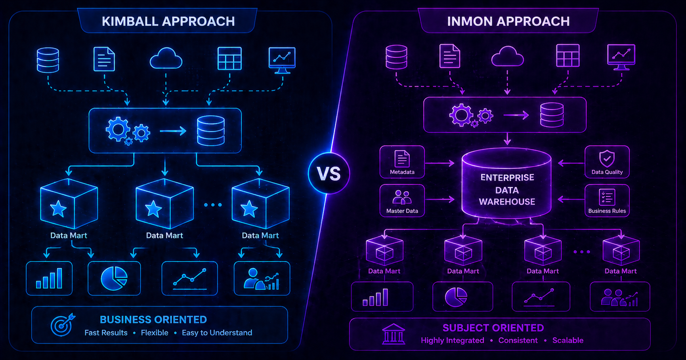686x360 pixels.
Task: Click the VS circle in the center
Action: (x=329, y=173)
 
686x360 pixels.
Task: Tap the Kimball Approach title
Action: (x=168, y=21)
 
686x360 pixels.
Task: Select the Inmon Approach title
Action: (x=508, y=21)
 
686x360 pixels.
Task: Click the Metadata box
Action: (x=402, y=162)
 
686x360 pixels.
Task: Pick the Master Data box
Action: (x=402, y=201)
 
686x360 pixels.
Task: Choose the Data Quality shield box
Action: (x=607, y=162)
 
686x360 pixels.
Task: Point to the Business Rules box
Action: (x=607, y=201)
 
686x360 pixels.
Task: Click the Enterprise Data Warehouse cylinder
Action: (x=507, y=183)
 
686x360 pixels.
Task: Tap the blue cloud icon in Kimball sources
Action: (x=166, y=59)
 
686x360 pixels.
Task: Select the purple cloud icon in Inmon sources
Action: (x=508, y=56)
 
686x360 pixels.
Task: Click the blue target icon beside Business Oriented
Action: (x=62, y=325)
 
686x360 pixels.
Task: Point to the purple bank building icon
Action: (x=394, y=334)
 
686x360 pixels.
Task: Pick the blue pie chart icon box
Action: (x=114, y=278)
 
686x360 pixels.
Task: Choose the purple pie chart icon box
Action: (x=463, y=297)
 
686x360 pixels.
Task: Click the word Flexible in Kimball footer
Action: (x=155, y=333)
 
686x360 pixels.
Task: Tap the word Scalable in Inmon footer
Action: (x=568, y=340)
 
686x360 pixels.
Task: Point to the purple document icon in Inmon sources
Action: (x=450, y=56)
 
